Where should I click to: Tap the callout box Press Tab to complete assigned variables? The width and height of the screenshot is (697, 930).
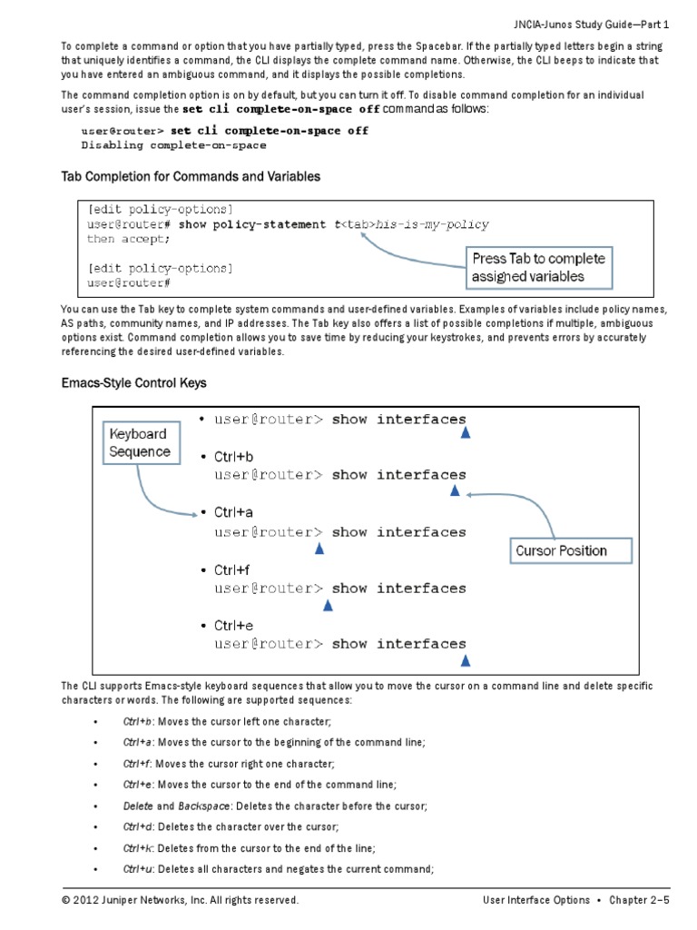tap(539, 267)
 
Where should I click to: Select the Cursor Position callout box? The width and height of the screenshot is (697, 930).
tap(561, 550)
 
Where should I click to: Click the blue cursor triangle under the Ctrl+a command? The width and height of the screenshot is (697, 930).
tap(319, 549)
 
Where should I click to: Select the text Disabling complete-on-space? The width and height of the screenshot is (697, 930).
tap(173, 145)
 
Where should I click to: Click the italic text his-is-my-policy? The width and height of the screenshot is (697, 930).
tap(432, 224)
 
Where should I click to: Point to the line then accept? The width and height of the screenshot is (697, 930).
tap(128, 239)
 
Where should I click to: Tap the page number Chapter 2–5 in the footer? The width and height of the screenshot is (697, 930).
tap(639, 900)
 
